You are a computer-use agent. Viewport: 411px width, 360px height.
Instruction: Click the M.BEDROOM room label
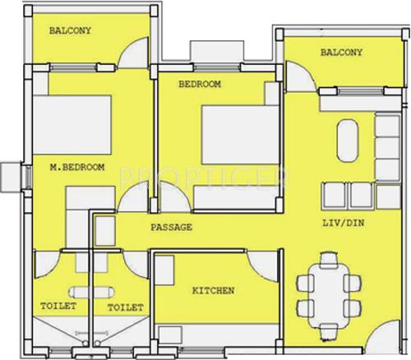(x=76, y=168)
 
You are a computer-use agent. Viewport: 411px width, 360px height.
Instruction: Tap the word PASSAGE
(x=171, y=226)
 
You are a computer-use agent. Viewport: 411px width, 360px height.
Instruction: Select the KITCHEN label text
(x=214, y=290)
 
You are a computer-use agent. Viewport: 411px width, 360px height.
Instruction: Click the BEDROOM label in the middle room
(x=200, y=84)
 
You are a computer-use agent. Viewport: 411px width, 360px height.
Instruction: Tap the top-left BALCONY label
(x=70, y=31)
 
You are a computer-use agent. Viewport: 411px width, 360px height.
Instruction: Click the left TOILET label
(x=58, y=307)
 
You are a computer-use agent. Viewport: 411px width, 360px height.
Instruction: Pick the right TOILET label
(x=126, y=307)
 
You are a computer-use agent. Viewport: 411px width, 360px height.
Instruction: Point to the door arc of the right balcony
(x=302, y=76)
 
